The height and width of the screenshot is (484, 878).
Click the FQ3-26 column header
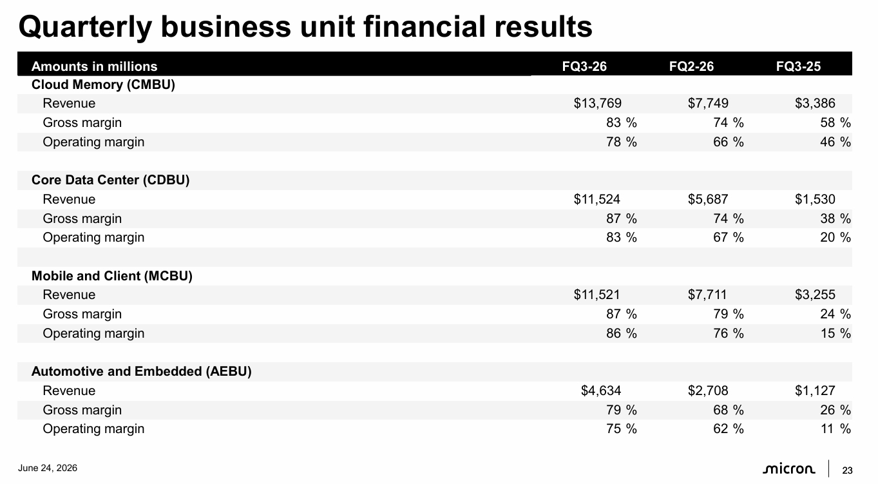584,66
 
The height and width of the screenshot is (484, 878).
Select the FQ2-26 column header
691,66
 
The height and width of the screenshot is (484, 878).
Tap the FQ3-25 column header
798,66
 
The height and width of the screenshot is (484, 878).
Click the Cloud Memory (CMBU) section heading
103,84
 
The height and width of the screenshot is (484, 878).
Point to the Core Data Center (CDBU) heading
111,180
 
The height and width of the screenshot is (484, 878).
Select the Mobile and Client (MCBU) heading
112,276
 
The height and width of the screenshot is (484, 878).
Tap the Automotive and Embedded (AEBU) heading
142,371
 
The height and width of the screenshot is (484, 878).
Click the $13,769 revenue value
598,103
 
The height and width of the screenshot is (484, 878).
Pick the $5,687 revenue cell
708,199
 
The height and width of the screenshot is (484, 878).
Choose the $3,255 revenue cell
816,295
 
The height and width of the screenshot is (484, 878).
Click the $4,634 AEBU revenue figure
601,391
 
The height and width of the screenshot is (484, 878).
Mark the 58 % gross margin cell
835,122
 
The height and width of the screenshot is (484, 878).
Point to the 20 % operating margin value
835,237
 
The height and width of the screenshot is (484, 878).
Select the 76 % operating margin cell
729,333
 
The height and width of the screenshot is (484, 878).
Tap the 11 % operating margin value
835,429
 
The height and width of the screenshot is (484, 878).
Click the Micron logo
789,469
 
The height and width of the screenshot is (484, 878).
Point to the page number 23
848,470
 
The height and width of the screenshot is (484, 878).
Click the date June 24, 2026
48,468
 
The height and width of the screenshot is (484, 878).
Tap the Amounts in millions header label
95,66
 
